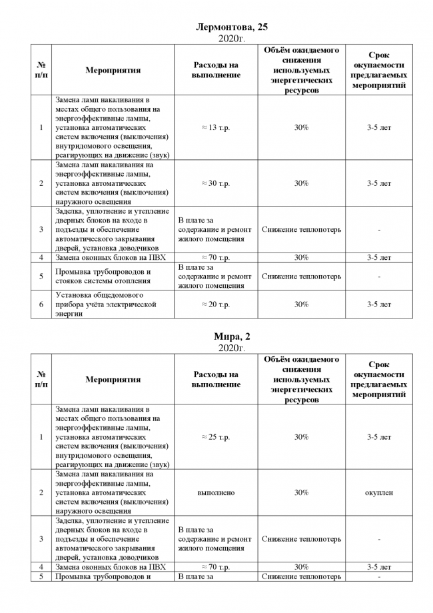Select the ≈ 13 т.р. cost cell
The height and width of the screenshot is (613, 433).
215,127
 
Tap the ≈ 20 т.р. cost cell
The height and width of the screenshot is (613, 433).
215,305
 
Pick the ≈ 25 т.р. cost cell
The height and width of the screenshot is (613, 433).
215,437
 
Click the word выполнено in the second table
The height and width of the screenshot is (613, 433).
215,492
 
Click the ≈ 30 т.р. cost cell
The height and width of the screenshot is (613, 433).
215,183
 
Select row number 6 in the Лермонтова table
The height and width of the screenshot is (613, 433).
41,305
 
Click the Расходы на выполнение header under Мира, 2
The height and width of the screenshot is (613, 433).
215,380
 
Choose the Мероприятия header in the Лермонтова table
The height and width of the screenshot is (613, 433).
113,70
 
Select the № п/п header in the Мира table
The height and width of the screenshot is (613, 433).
41,380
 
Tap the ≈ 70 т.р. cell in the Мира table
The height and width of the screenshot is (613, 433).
215,567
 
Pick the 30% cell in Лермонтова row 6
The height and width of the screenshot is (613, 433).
301,305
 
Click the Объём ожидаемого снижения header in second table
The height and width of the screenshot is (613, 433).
301,380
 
